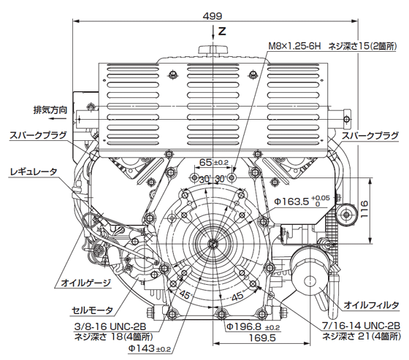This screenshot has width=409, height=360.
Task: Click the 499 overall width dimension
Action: [x=213, y=16]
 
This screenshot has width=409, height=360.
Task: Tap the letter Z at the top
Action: [x=222, y=31]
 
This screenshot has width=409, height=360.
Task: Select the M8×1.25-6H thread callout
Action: [x=294, y=47]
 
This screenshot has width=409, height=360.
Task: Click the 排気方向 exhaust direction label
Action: [x=50, y=110]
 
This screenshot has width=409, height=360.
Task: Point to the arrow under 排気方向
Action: [x=58, y=119]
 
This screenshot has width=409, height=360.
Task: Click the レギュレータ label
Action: [x=34, y=172]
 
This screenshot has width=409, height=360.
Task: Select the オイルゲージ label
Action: [x=85, y=283]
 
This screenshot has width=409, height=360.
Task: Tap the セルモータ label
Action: [x=92, y=310]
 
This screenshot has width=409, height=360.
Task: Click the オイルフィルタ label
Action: [x=371, y=305]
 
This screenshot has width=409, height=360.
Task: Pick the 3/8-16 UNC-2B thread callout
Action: [x=110, y=326]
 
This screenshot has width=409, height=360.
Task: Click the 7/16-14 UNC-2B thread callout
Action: [x=362, y=326]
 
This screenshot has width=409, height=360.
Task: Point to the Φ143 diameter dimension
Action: [x=149, y=348]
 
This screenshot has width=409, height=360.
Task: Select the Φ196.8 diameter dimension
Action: [x=253, y=326]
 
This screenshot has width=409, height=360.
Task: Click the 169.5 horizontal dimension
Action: [x=262, y=338]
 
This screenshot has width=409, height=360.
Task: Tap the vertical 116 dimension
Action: [x=364, y=209]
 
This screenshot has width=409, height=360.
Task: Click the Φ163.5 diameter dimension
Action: [x=302, y=201]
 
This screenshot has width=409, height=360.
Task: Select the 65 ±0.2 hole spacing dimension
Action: [x=213, y=162]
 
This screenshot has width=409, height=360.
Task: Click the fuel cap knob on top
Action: [x=213, y=50]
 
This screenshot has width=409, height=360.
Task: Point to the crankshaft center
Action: [x=212, y=243]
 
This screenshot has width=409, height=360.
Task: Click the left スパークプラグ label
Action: [x=38, y=135]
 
